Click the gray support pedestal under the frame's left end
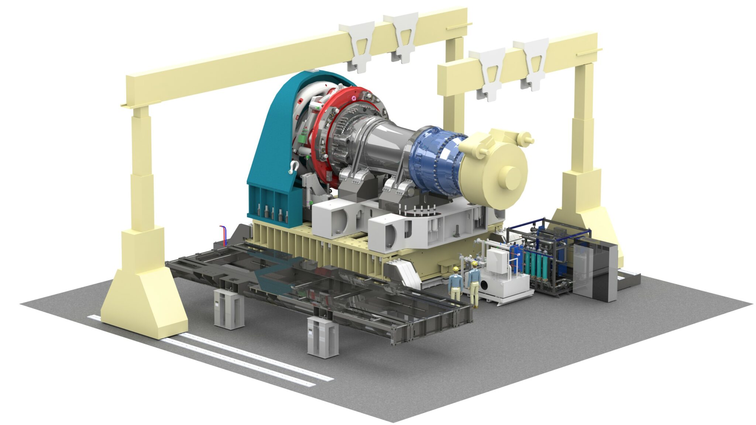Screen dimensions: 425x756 point(228,308)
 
